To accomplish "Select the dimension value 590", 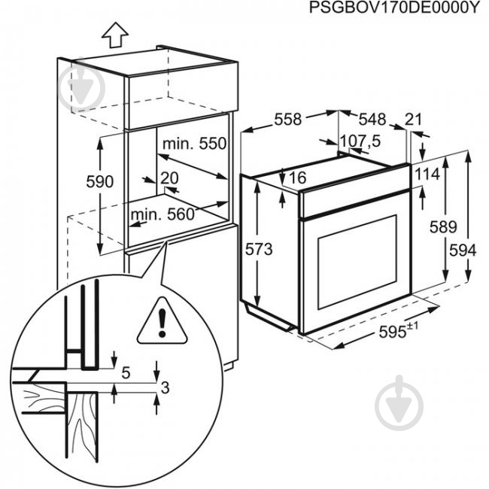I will tap(99, 182).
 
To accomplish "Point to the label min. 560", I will tap(162, 215).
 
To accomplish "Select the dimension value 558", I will tap(287, 119).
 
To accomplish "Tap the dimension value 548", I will tap(371, 119).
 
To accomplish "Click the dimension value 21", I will tap(413, 119).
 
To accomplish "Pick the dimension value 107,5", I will tap(361, 141).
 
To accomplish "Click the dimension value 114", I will tap(426, 175).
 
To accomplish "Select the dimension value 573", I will tap(258, 249).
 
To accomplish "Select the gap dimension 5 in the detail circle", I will tap(126, 371).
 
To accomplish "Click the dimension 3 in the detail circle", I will tap(166, 388).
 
